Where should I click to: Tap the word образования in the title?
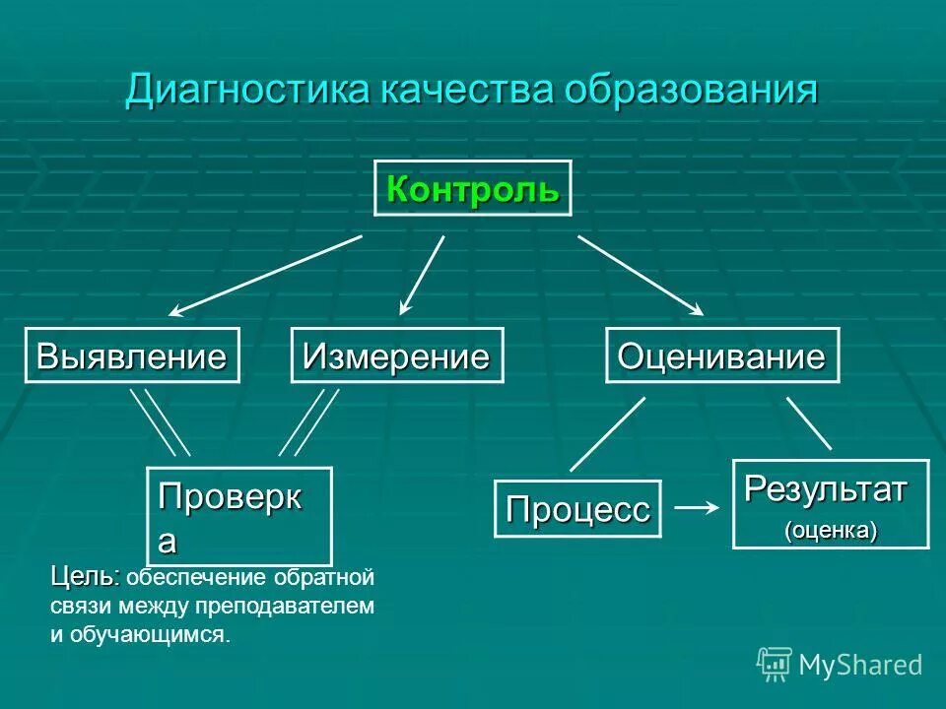(692, 91)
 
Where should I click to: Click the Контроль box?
(472, 188)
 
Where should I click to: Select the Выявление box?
(131, 355)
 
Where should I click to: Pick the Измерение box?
(396, 355)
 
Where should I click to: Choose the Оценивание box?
(721, 355)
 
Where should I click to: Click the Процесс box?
(577, 509)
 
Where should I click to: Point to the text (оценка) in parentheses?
(831, 530)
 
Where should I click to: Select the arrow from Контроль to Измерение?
(423, 275)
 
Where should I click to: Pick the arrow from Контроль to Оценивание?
(641, 275)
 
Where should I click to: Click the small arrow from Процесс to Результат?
(696, 507)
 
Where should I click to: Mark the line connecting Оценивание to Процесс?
(607, 433)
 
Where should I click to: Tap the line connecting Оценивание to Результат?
(808, 423)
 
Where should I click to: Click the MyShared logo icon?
(775, 665)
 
